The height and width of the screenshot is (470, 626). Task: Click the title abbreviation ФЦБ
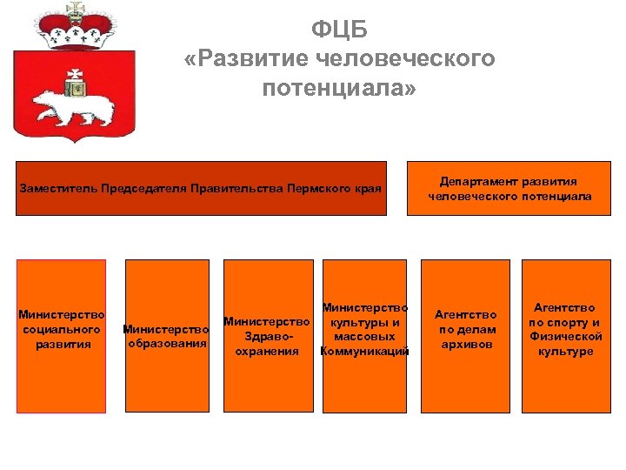(339, 30)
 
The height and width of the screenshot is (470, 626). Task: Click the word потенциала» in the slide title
(339, 88)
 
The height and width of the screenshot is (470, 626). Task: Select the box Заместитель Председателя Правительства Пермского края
(201, 188)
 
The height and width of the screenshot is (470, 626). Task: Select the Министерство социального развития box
(62, 336)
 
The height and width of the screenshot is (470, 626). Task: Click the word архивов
(465, 345)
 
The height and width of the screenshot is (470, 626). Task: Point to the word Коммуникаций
(364, 352)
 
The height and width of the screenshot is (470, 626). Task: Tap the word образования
(167, 343)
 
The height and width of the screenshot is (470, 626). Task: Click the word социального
(62, 330)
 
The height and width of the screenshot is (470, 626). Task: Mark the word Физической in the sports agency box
(565, 336)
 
